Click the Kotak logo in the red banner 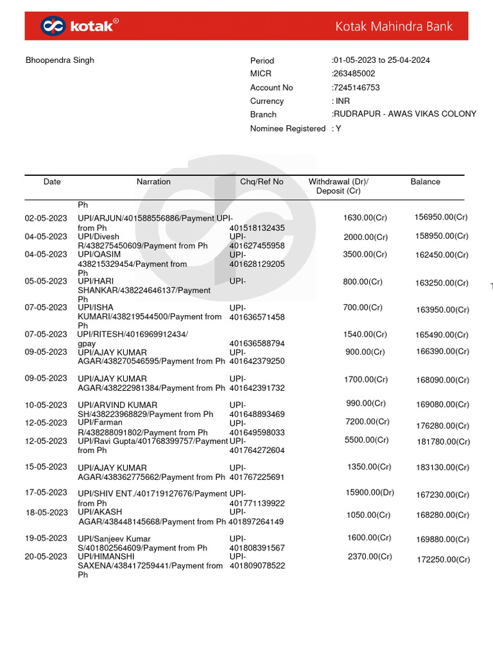[79, 26]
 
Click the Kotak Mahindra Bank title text [394, 26]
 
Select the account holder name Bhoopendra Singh [60, 60]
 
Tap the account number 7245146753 [356, 87]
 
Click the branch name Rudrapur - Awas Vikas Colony [404, 114]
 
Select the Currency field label [266, 101]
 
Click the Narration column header [153, 182]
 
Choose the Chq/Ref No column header [261, 182]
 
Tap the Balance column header [425, 182]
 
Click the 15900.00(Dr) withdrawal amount [370, 493]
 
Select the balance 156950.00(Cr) [441, 218]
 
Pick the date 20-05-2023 [46, 557]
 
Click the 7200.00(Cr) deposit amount [367, 422]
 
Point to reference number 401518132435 [257, 228]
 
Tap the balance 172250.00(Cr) [443, 560]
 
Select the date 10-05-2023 [46, 405]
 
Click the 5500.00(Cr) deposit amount [366, 440]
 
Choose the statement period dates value [381, 60]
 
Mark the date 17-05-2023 [46, 493]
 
